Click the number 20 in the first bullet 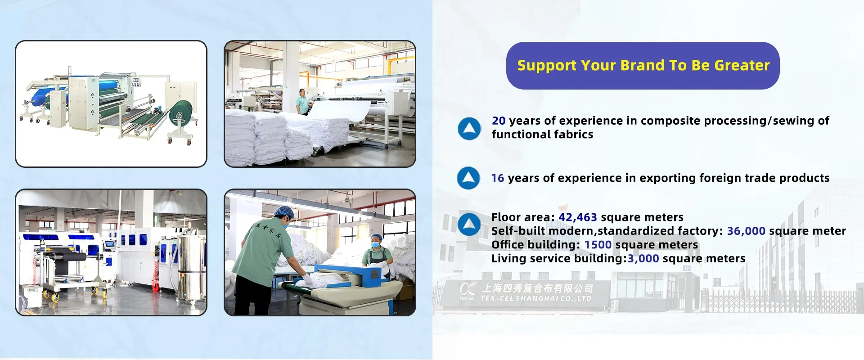point(499,121)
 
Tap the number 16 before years point(498,178)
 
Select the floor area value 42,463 point(578,217)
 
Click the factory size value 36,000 point(746,231)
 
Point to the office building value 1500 point(598,245)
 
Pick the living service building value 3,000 point(643,259)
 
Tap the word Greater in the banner point(742,65)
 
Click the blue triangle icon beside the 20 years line point(469,128)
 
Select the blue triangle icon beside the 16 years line point(468,178)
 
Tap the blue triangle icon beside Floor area point(469,224)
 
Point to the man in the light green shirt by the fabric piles point(302,102)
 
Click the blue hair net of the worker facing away point(284,211)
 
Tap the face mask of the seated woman point(375,245)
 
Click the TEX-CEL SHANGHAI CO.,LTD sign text point(536,298)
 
